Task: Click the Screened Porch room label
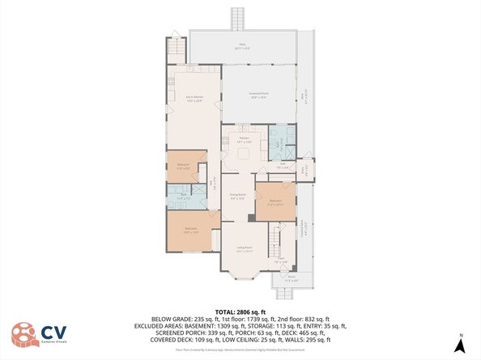coord(258,95)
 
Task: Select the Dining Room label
coord(238,196)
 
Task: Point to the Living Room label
coord(245,248)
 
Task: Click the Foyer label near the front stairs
coord(281,261)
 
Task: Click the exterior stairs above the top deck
coord(238,18)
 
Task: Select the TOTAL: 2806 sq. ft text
coord(240,311)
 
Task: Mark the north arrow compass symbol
coord(459,345)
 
